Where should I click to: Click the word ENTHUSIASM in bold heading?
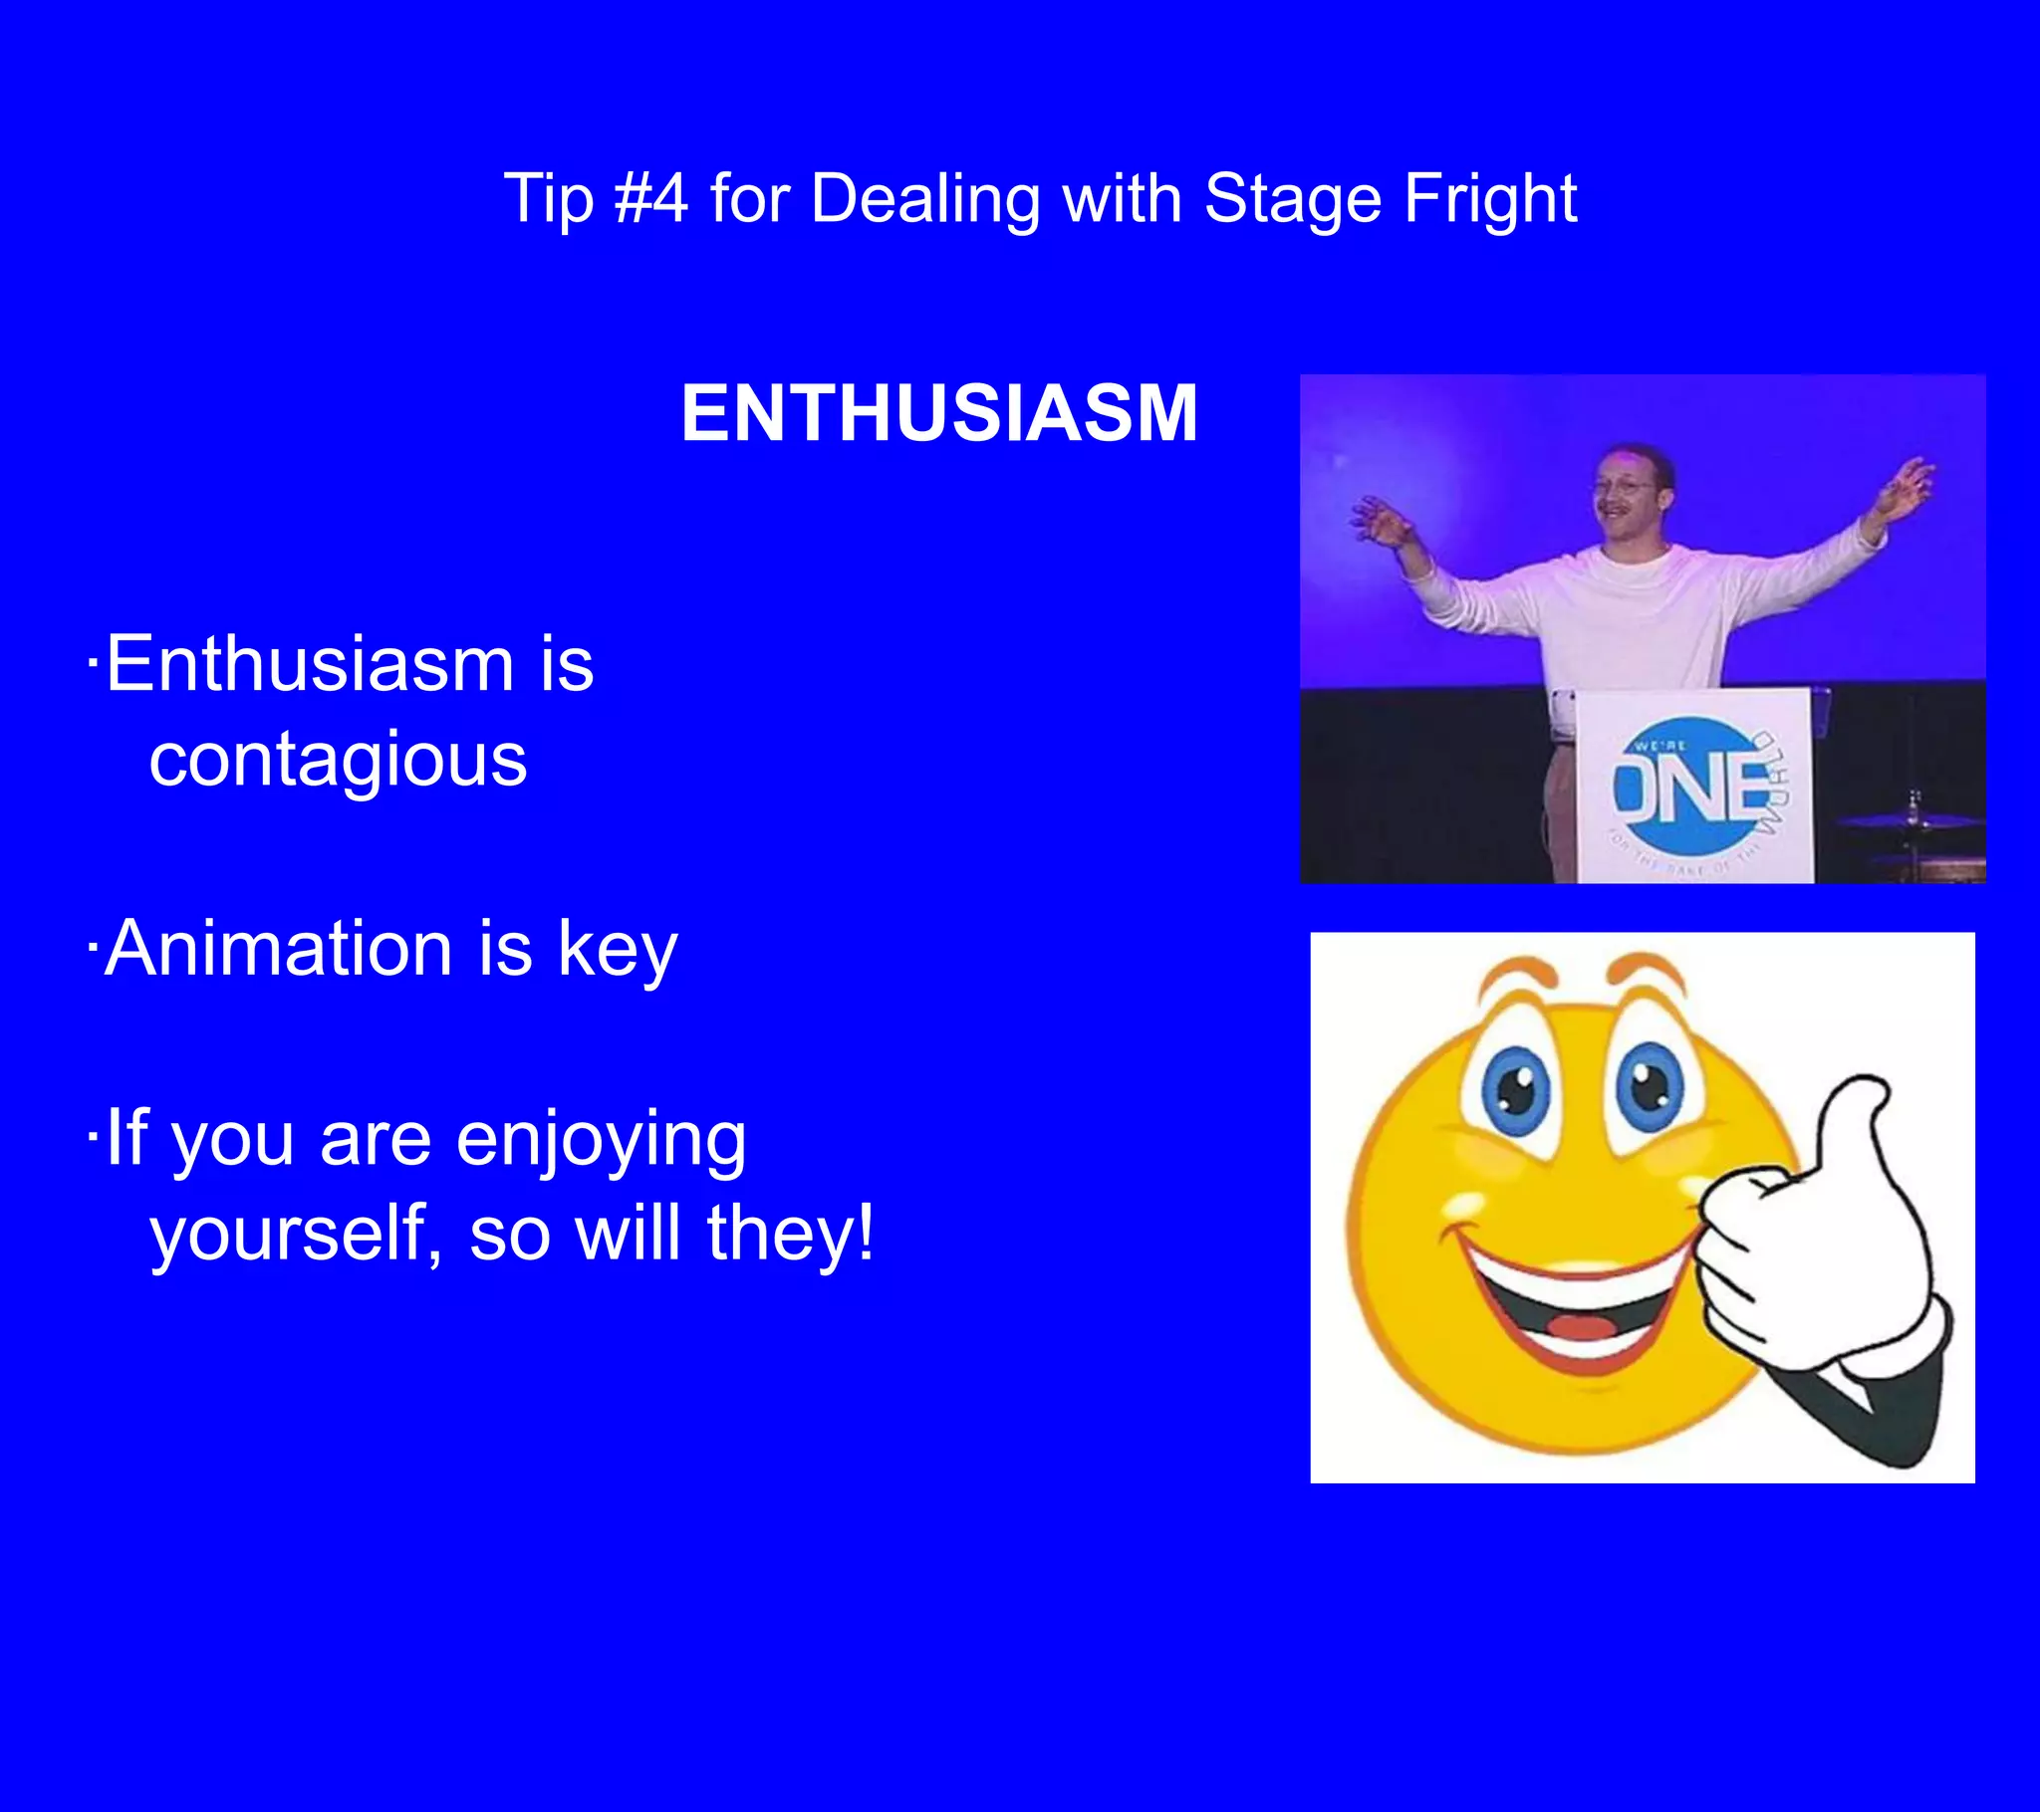pyautogui.click(x=939, y=413)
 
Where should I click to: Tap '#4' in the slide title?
pyautogui.click(x=650, y=197)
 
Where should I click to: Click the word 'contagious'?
pyautogui.click(x=338, y=761)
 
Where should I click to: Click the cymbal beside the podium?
pyautogui.click(x=1909, y=820)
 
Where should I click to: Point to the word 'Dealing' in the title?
pyautogui.click(x=925, y=199)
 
